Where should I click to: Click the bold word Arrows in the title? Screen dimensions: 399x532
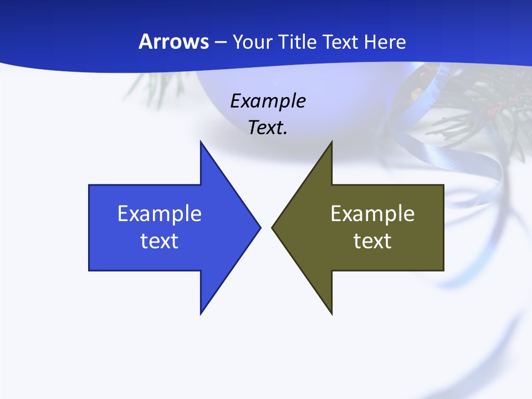click(173, 42)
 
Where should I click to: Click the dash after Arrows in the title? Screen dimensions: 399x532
click(220, 42)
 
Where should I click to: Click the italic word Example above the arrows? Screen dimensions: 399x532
click(268, 101)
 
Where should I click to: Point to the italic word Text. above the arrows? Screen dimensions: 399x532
click(268, 127)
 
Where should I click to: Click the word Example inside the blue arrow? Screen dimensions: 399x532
click(160, 213)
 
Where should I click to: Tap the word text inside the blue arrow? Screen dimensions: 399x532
click(160, 241)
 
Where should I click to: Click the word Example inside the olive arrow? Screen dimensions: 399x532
click(372, 213)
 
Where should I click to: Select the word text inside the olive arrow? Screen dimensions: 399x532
click(372, 241)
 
